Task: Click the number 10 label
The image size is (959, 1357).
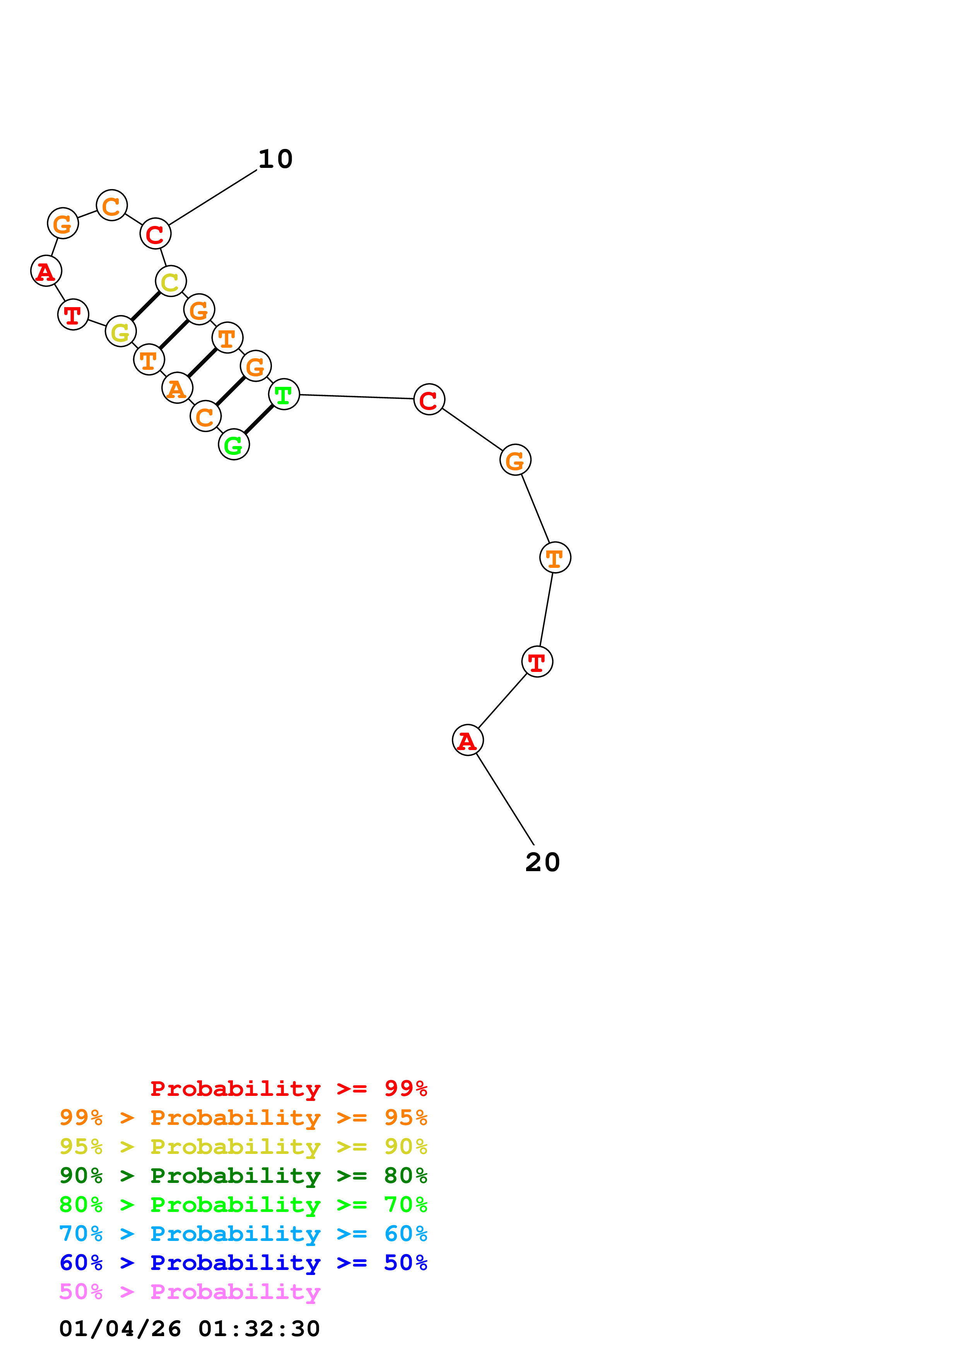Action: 275,159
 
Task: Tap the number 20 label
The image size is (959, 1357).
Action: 542,862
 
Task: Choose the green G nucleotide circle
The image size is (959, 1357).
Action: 234,444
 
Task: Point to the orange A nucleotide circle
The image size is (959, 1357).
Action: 177,388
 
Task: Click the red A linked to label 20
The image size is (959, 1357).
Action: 467,740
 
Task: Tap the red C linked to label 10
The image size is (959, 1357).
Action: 156,234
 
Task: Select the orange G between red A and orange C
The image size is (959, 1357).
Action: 63,224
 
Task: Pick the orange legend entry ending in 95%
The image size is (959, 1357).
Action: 243,1118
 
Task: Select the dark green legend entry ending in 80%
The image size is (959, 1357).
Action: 243,1176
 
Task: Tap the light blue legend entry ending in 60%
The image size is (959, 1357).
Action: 243,1234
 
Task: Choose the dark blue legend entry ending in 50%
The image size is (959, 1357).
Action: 243,1263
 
